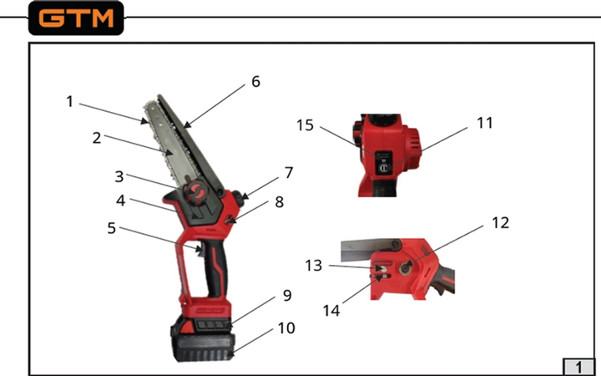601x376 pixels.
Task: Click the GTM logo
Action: pos(76,18)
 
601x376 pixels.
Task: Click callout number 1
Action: pos(69,102)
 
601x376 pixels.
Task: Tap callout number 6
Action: pos(255,81)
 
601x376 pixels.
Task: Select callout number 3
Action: pos(119,176)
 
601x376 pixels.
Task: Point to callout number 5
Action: pos(111,228)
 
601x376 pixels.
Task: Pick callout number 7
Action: pos(289,173)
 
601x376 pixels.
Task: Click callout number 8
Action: pos(280,202)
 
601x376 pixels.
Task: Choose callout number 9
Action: pos(287,295)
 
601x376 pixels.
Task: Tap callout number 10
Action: pos(286,328)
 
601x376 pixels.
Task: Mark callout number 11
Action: pos(484,123)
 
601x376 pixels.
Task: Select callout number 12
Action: pos(501,222)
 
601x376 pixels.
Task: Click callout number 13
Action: pos(314,266)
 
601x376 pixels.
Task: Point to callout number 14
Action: pos(331,310)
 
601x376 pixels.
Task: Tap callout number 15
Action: pos(306,125)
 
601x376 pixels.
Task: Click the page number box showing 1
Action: pos(578,367)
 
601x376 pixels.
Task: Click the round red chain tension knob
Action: pos(196,191)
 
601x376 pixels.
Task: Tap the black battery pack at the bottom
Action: pos(203,339)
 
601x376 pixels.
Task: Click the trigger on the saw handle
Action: pos(199,250)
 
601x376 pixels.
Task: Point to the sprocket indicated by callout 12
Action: pos(404,269)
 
